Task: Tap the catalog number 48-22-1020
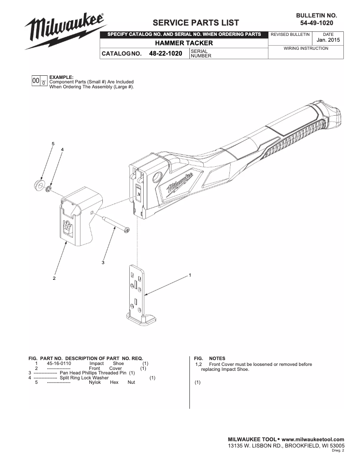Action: pyautogui.click(x=162, y=54)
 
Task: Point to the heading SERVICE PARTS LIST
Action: pyautogui.click(x=196, y=23)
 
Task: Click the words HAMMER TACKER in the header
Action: pyautogui.click(x=184, y=43)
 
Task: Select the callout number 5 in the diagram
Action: pyautogui.click(x=53, y=143)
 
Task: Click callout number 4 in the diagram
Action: pyautogui.click(x=62, y=149)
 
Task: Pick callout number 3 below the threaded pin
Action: pyautogui.click(x=103, y=262)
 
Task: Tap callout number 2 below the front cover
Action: pyautogui.click(x=54, y=278)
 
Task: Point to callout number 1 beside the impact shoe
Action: pyautogui.click(x=190, y=274)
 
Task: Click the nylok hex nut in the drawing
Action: pyautogui.click(x=39, y=185)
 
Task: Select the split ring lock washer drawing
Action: pyautogui.click(x=48, y=187)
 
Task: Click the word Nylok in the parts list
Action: pyautogui.click(x=95, y=382)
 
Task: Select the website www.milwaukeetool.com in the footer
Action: pyautogui.click(x=313, y=439)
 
